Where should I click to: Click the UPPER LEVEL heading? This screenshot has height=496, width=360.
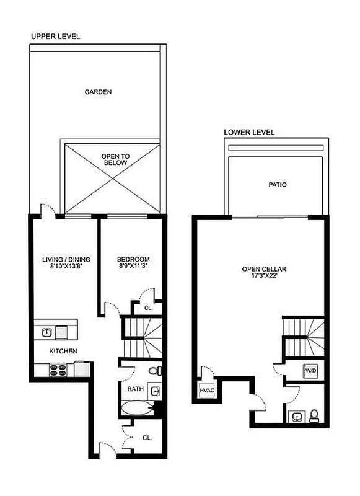(55, 37)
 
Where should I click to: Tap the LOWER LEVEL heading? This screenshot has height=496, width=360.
(249, 132)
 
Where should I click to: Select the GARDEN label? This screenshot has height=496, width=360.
(98, 92)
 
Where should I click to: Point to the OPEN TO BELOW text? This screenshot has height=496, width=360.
(115, 159)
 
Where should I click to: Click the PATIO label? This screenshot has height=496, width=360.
(277, 185)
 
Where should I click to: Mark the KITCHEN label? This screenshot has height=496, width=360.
(64, 352)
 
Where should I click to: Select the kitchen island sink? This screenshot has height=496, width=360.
(47, 332)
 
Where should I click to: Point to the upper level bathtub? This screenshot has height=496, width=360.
(137, 409)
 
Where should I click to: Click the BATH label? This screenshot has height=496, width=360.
(135, 389)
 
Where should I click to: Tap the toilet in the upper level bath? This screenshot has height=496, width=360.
(157, 371)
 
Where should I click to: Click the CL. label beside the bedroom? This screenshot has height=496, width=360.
(149, 308)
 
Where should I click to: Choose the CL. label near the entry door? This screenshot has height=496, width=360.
(147, 437)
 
